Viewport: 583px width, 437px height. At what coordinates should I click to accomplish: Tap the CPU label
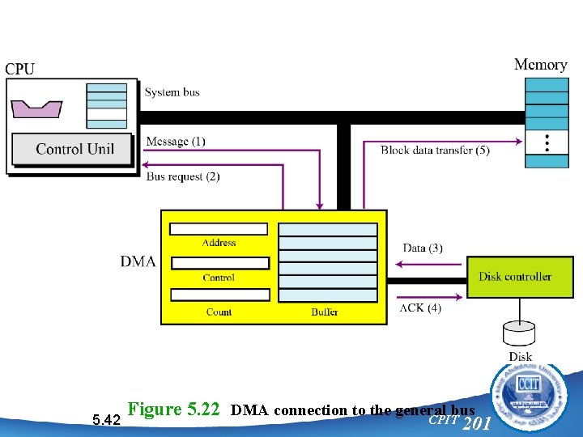[x=19, y=69]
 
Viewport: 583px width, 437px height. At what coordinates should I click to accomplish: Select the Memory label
[x=540, y=65]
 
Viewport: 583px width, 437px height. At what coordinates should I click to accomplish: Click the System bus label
[x=172, y=92]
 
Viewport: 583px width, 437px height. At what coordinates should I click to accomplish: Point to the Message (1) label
[x=176, y=142]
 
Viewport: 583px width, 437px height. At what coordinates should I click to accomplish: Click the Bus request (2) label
[x=183, y=176]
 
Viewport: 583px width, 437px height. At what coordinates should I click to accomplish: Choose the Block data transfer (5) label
[x=435, y=150]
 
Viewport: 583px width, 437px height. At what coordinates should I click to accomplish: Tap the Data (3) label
[x=423, y=248]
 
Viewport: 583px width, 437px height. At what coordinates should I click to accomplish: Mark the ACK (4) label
[x=420, y=308]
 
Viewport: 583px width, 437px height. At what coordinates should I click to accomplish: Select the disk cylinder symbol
[x=520, y=333]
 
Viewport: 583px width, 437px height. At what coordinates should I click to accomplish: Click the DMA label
[x=138, y=261]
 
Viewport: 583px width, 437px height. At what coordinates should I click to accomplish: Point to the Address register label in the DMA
[x=219, y=243]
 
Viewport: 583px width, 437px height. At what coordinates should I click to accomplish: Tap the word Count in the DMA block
[x=219, y=312]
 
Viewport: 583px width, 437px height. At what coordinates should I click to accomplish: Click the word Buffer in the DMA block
[x=325, y=312]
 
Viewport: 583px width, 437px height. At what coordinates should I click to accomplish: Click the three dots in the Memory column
[x=547, y=143]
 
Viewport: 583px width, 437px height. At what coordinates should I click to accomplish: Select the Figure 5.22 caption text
[x=302, y=409]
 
